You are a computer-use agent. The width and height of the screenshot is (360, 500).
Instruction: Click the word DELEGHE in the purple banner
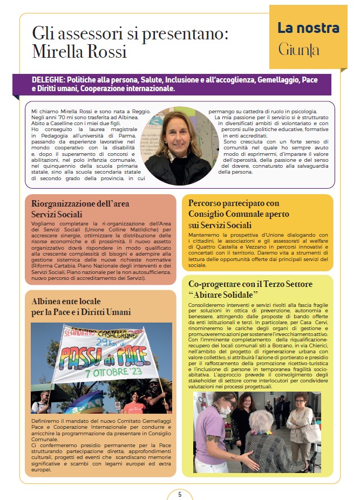pyautogui.click(x=48, y=80)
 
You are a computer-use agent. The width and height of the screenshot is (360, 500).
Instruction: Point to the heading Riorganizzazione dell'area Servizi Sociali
pyautogui.click(x=80, y=209)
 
